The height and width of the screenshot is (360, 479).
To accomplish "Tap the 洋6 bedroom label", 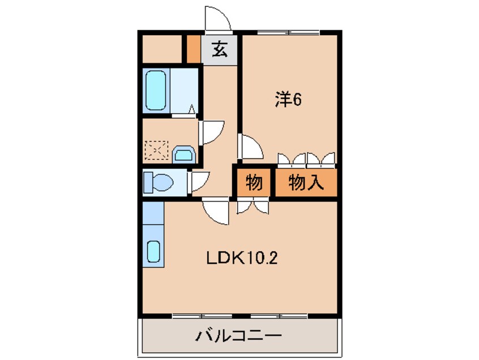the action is click(288, 99).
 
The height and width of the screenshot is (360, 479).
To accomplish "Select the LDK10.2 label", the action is click(242, 259).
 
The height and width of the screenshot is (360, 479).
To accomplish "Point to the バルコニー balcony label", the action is click(238, 336).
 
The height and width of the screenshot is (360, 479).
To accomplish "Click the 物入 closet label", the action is click(306, 183).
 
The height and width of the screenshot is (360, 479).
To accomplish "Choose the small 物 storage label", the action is click(254, 183).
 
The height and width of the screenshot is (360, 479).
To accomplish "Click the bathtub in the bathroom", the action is click(156, 90).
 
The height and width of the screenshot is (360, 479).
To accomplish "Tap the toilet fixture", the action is click(158, 183).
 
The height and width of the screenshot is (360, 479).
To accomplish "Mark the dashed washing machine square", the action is click(156, 150).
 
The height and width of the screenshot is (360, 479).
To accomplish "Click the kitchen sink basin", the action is click(153, 251).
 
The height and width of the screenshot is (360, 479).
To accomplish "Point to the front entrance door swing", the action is click(218, 19).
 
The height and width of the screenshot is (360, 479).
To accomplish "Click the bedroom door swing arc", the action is click(251, 147).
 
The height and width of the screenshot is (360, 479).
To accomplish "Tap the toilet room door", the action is click(199, 182).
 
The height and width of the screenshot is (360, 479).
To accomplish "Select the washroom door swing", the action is click(212, 132).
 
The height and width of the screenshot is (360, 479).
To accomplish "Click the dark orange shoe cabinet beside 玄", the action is click(194, 49).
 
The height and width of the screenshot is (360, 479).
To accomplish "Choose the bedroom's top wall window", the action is click(288, 32).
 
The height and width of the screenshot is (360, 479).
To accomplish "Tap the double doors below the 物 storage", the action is click(253, 206).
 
